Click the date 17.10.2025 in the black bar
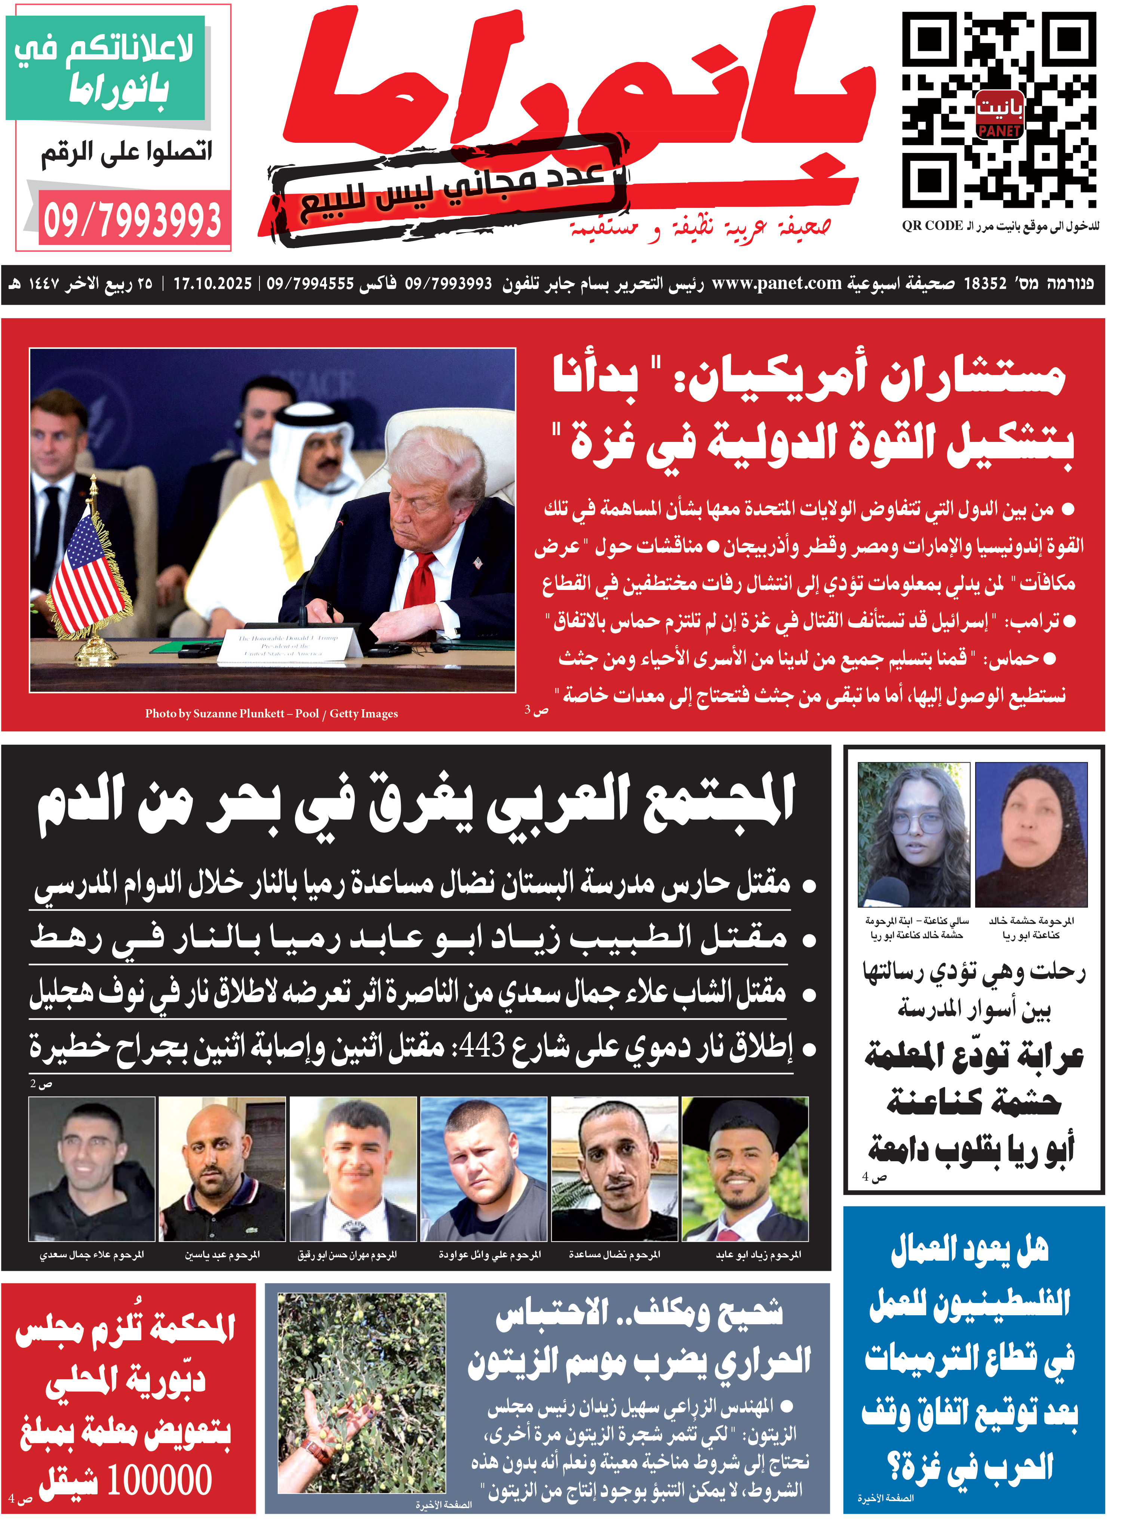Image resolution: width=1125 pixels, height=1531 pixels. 212,283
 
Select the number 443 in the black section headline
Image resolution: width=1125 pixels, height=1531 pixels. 483,1045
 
